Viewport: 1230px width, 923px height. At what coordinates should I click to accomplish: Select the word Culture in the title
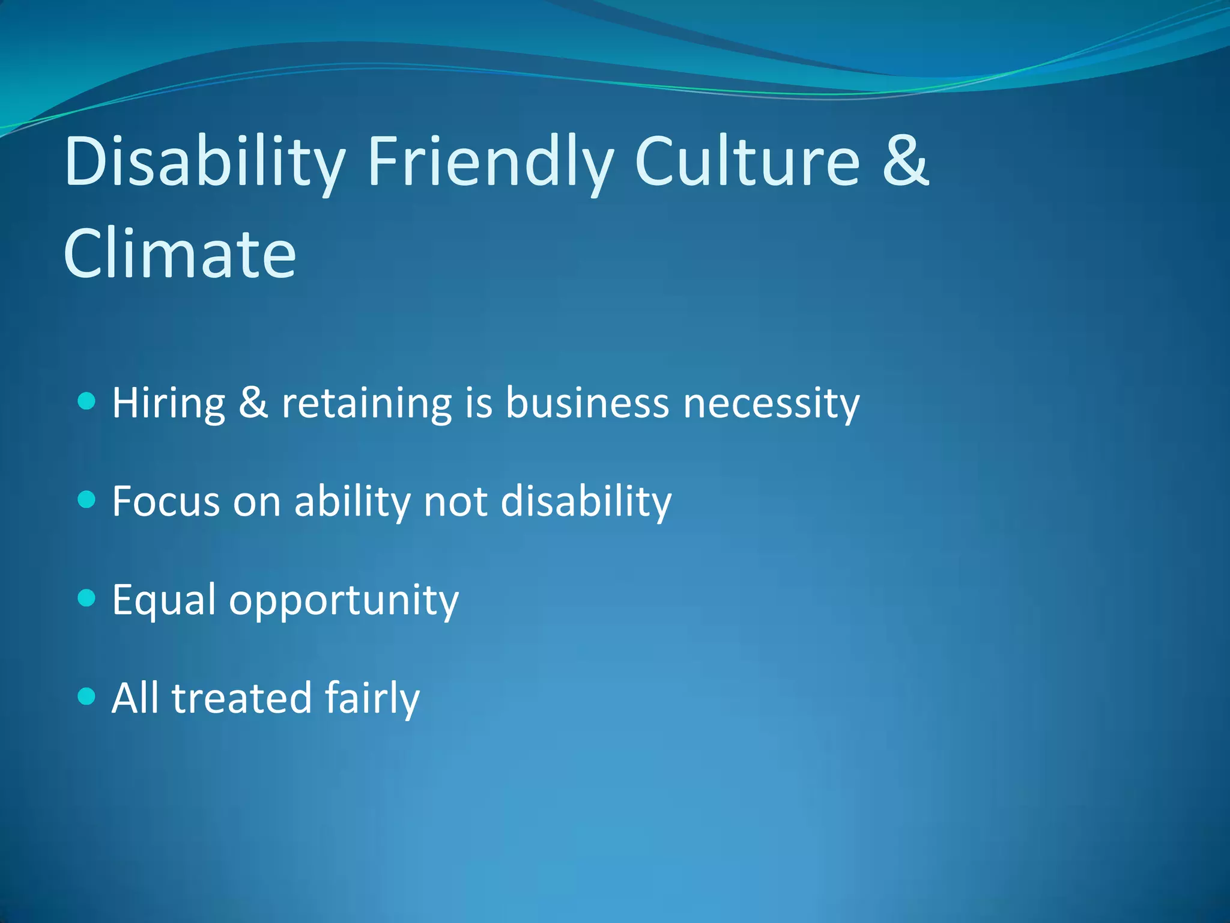747,161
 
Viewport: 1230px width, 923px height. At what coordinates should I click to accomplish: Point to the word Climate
180,254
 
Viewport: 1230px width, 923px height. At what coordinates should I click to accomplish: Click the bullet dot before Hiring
87,401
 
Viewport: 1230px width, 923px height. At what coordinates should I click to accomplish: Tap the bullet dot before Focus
87,499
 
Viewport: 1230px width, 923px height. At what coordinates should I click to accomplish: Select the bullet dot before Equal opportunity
87,598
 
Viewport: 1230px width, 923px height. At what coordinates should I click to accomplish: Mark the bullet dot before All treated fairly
87,696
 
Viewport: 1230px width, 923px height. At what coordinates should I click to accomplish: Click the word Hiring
169,403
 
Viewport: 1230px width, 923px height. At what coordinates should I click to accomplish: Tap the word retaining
366,403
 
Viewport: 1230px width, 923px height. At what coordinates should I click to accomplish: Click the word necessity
772,404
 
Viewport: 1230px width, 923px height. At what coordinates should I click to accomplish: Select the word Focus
166,501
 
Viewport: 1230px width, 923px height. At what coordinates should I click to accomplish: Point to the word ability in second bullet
351,501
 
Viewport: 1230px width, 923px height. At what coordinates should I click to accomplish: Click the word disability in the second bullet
586,501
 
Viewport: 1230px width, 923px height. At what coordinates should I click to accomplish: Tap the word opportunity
344,601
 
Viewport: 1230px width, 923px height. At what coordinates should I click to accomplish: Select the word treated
241,698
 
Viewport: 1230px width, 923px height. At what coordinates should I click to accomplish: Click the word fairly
372,698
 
